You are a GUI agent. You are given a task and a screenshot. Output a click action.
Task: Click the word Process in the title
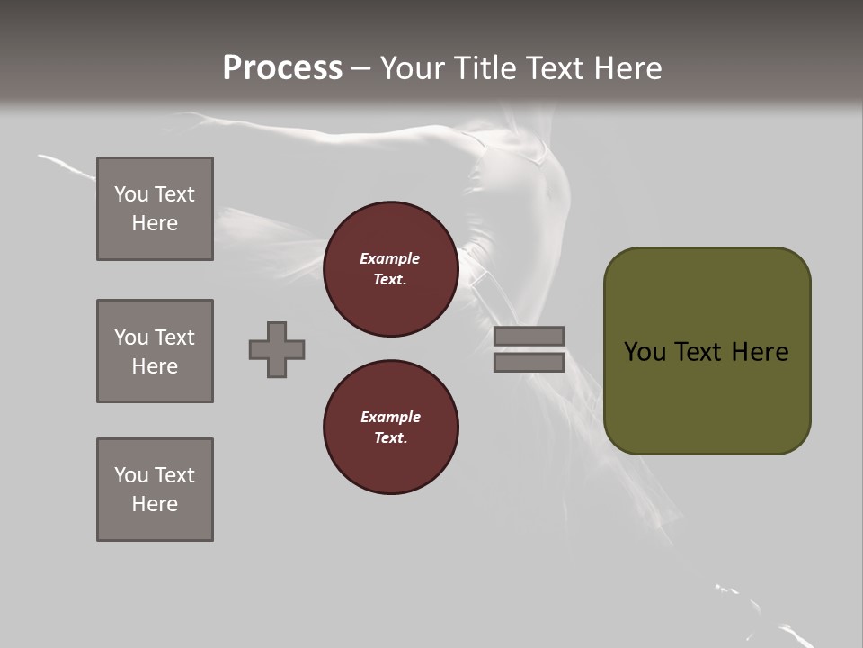282,67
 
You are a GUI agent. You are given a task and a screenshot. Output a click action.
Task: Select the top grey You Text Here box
155,209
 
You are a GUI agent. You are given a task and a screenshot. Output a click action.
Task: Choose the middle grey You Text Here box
155,351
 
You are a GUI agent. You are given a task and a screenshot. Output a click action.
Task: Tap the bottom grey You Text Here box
155,490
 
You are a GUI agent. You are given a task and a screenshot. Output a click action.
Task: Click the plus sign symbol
277,349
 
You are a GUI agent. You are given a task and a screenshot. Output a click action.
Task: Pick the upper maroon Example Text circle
391,269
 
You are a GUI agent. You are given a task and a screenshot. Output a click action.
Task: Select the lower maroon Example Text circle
391,427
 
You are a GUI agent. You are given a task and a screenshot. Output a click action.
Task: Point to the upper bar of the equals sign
529,336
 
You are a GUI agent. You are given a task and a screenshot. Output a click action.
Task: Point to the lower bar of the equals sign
529,363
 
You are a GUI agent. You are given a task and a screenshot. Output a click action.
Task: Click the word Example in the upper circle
390,258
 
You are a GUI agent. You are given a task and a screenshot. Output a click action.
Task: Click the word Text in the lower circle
390,438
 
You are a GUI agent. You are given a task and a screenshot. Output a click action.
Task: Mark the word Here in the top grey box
155,223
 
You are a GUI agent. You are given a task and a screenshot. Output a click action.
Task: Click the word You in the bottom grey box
131,475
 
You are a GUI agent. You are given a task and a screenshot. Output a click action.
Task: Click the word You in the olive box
645,352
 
